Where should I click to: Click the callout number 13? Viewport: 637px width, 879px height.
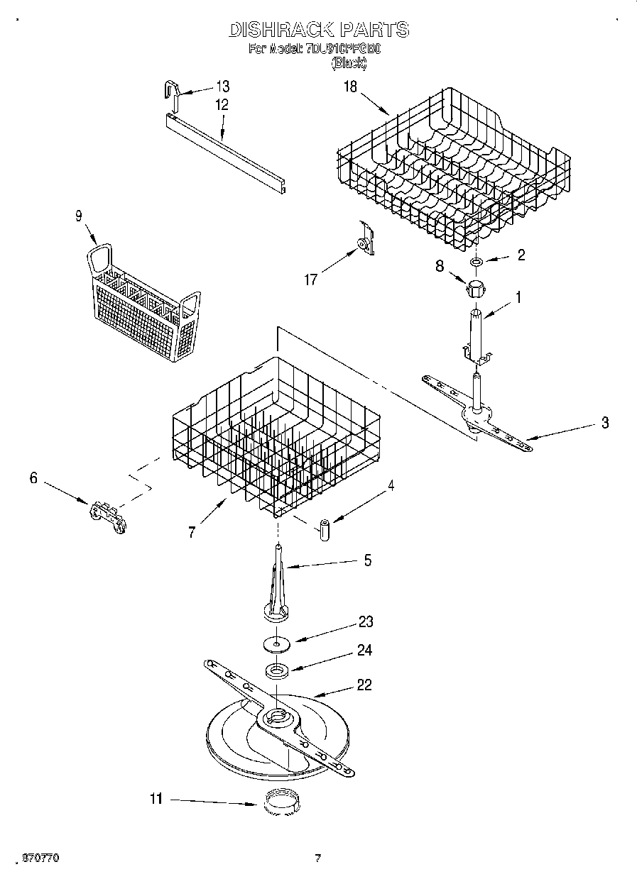click(223, 87)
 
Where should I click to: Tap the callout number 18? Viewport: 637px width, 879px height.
click(350, 87)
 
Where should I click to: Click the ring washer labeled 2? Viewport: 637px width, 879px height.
click(475, 263)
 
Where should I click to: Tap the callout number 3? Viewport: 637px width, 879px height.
click(604, 424)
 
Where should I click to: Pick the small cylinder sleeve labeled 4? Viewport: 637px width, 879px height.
click(324, 529)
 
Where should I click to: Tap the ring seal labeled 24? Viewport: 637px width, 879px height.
click(277, 670)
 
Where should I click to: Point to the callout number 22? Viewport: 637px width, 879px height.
click(364, 685)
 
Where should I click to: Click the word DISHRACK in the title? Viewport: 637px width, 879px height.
click(281, 30)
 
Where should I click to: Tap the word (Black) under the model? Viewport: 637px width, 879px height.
click(349, 63)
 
